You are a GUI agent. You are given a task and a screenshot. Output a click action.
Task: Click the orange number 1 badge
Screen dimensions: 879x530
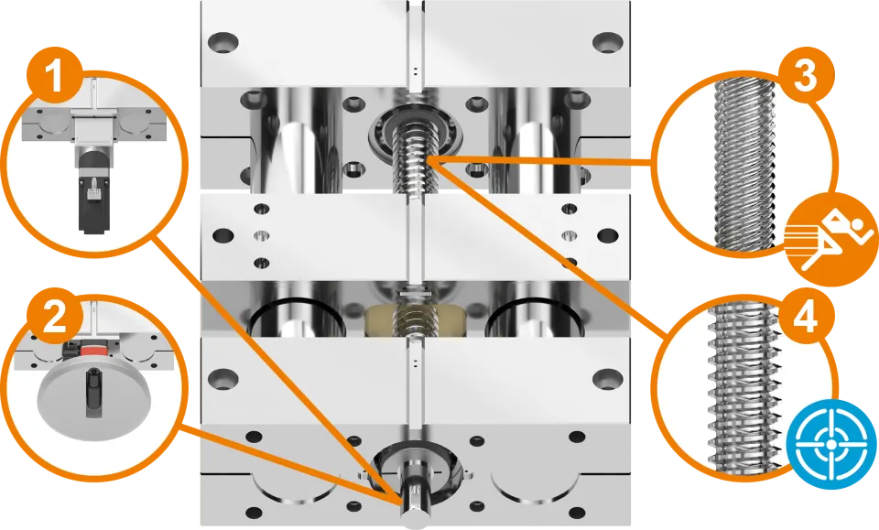tap(54, 77)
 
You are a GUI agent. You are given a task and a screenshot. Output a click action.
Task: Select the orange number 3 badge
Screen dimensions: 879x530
tap(806, 76)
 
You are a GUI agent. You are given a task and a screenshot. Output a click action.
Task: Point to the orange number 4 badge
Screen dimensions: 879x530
tap(806, 319)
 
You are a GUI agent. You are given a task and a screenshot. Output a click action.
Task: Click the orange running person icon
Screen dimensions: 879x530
tap(830, 241)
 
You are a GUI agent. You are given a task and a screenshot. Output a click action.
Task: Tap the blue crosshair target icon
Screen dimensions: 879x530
tap(831, 443)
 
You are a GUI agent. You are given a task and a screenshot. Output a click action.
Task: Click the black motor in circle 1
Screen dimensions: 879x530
tap(92, 192)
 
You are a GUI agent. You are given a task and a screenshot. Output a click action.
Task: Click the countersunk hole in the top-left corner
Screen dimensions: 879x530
tap(223, 43)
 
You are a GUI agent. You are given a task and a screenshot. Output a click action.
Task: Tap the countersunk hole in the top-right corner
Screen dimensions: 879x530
tap(608, 43)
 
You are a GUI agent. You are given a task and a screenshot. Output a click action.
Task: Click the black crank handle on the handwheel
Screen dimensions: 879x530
tap(92, 394)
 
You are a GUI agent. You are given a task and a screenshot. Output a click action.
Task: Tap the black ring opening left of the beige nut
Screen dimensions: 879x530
tap(297, 318)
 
